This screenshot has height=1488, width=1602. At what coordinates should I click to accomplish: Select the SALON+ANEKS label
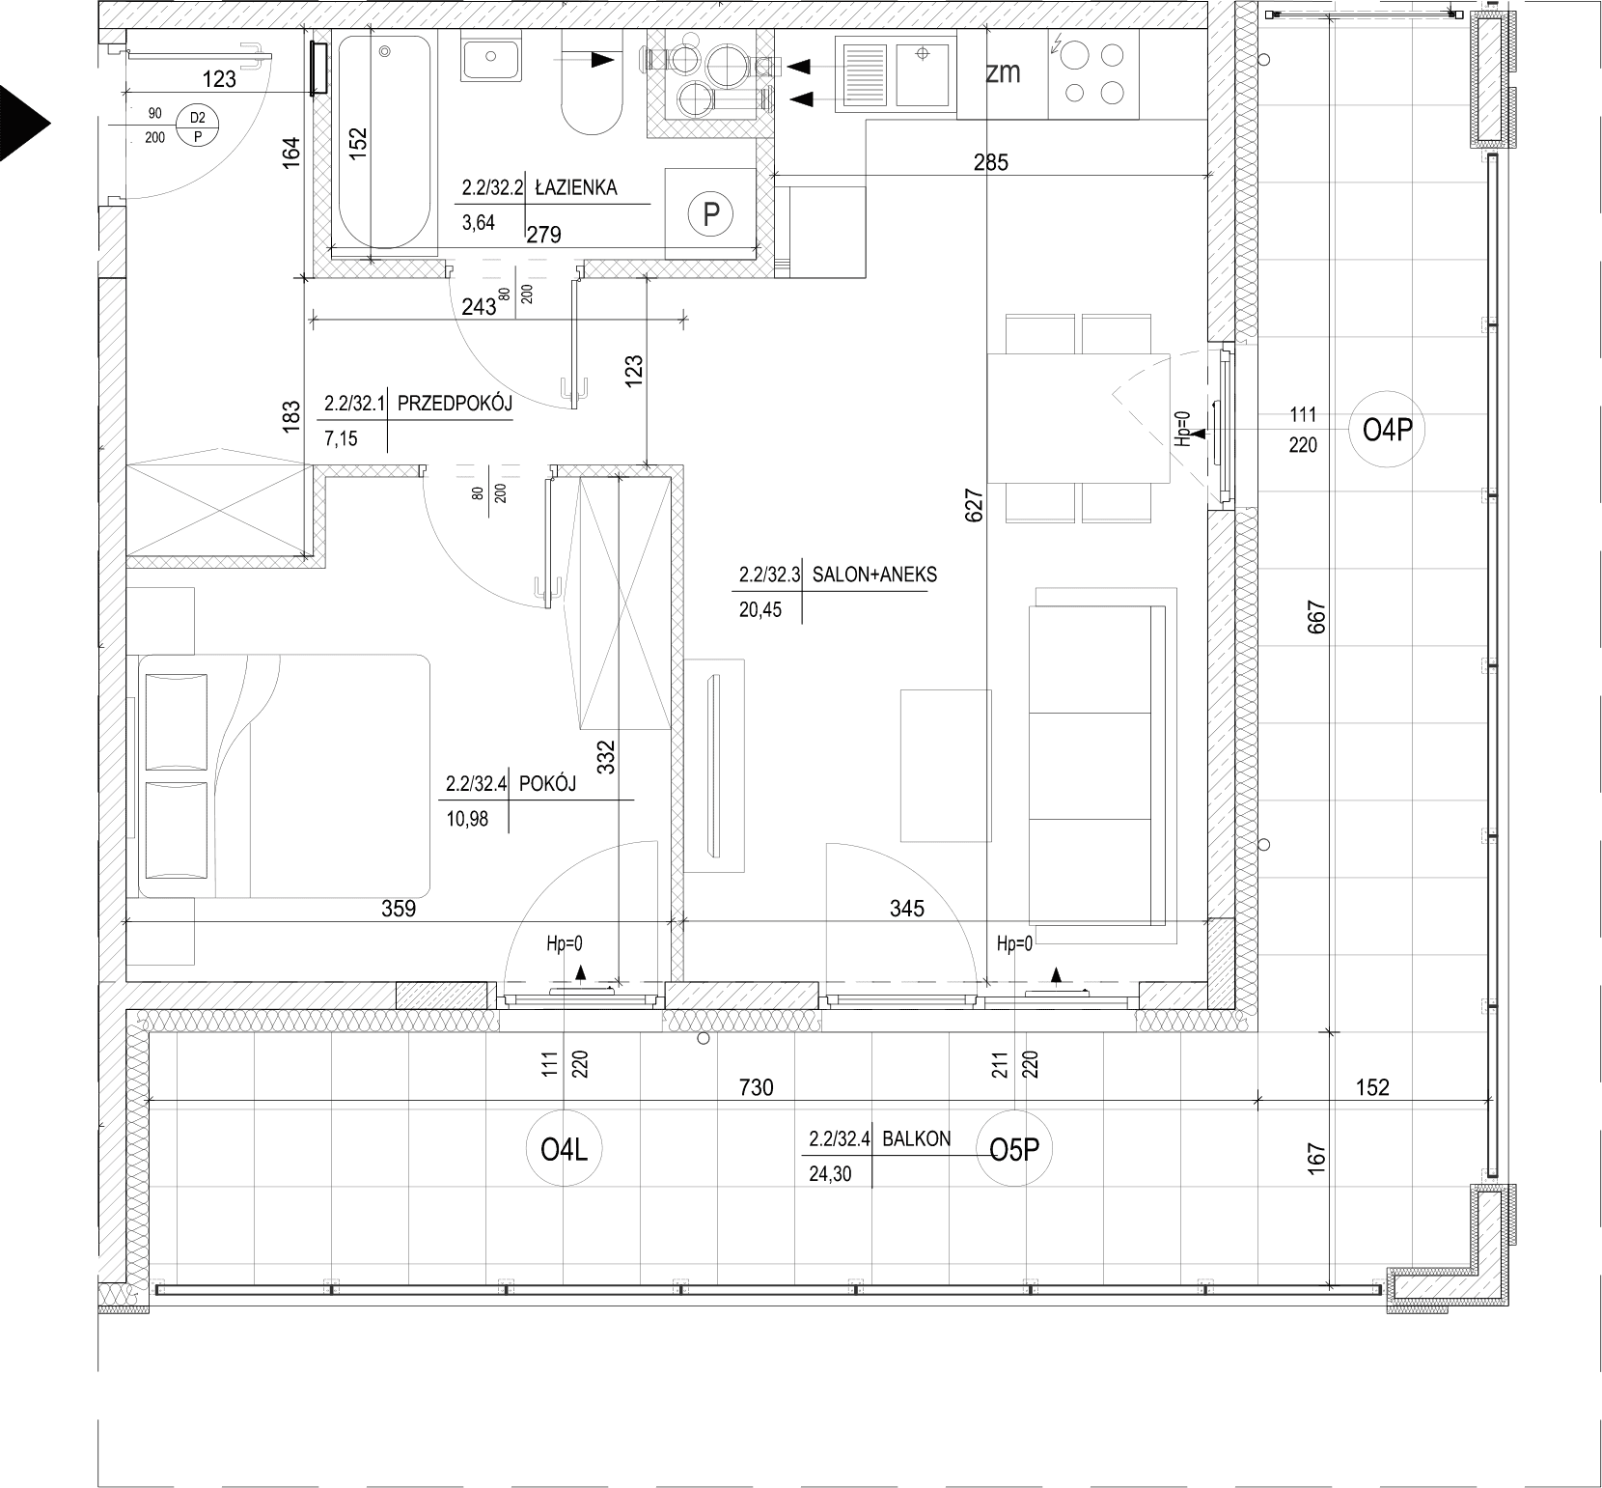tap(875, 576)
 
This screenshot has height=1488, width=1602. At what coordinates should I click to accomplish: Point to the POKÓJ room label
tap(547, 784)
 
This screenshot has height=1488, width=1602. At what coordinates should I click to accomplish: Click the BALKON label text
tap(916, 1138)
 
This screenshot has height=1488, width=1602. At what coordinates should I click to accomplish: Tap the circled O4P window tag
tap(1387, 431)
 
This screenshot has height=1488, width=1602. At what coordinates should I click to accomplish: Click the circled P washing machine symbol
tap(711, 213)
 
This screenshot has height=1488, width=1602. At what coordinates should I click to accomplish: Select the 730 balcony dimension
tap(758, 1087)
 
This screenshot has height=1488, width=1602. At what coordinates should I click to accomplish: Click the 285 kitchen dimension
tap(990, 162)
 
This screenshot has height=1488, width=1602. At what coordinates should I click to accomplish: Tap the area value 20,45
tap(760, 609)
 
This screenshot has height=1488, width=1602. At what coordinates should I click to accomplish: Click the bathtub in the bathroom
tap(383, 142)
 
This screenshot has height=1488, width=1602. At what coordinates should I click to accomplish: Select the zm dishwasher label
tap(1003, 72)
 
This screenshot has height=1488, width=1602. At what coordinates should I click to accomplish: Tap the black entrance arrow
tap(24, 123)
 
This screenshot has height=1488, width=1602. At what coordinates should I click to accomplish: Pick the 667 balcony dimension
tap(1318, 617)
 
